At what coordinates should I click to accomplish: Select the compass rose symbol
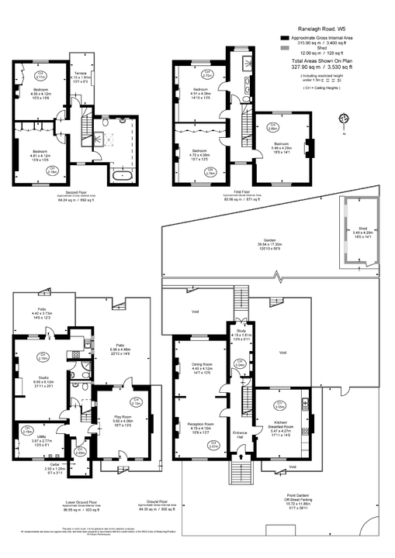point(345,119)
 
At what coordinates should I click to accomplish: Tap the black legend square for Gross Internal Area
point(285,37)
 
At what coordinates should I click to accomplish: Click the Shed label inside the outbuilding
point(363,232)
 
